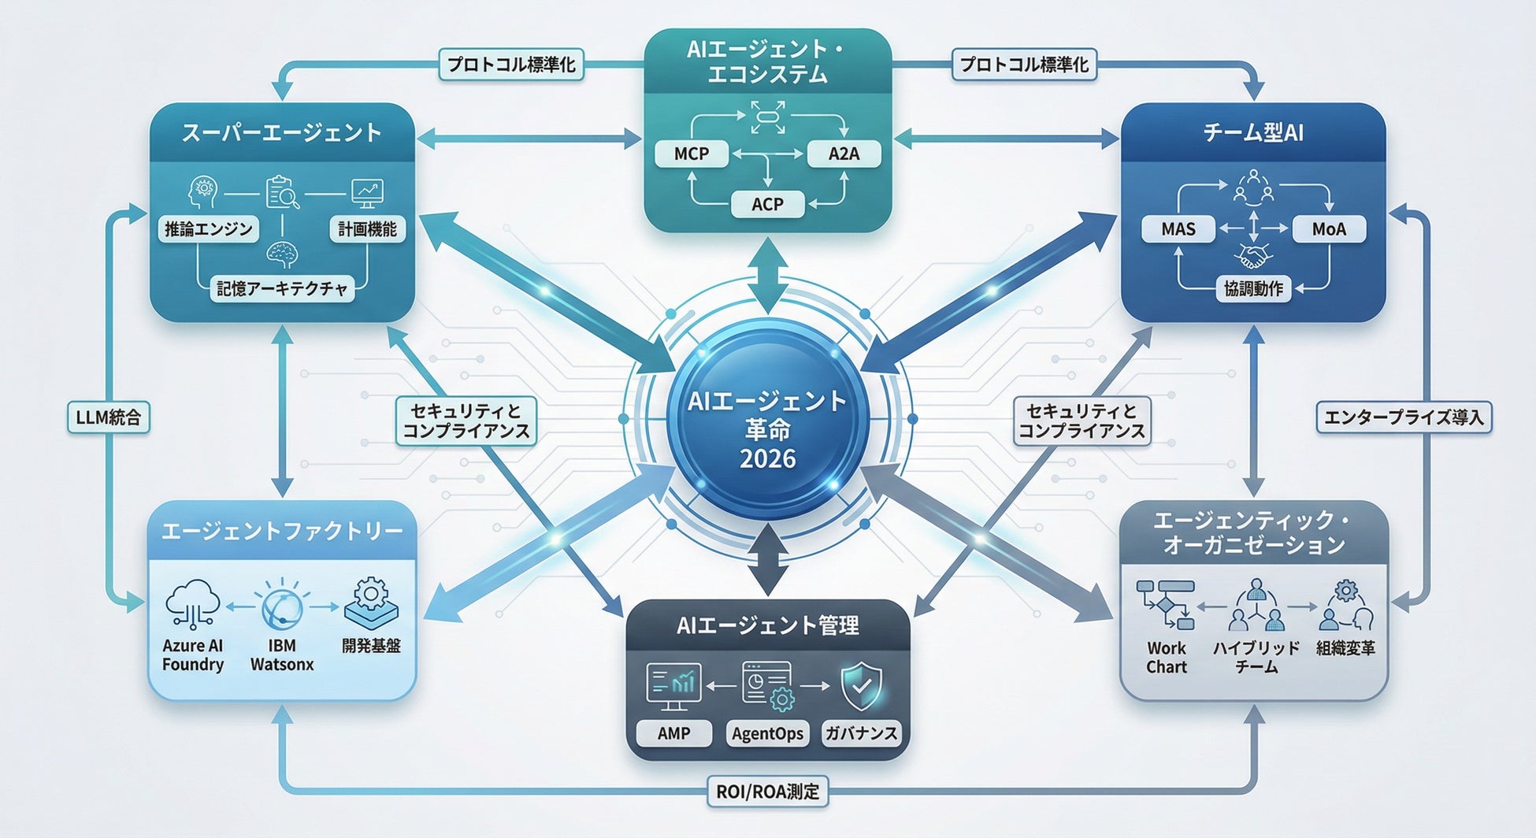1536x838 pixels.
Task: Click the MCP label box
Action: tap(691, 154)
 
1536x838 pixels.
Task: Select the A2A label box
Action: tap(844, 154)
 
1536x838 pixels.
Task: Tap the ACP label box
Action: tap(767, 204)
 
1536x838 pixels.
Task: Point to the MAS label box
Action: tap(1178, 229)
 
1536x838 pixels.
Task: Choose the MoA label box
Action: tap(1329, 229)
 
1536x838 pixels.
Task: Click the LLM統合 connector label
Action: tap(109, 417)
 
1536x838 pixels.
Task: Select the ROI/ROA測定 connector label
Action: tap(767, 791)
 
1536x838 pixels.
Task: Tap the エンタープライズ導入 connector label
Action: tap(1404, 417)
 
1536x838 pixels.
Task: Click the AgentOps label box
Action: tap(767, 733)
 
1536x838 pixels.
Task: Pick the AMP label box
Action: tap(673, 733)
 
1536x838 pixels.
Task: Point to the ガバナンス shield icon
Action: tap(861, 686)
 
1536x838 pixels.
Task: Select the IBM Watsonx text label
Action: tap(282, 655)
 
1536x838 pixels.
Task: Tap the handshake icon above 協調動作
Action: tap(1253, 257)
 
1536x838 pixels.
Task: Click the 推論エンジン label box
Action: tap(208, 229)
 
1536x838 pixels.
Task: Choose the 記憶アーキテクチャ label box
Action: tap(282, 289)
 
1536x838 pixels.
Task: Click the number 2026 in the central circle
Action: tap(767, 458)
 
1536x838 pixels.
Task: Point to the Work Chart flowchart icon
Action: tap(1166, 605)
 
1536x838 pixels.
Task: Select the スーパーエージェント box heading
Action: tap(282, 132)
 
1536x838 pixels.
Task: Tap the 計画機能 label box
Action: tap(367, 229)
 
